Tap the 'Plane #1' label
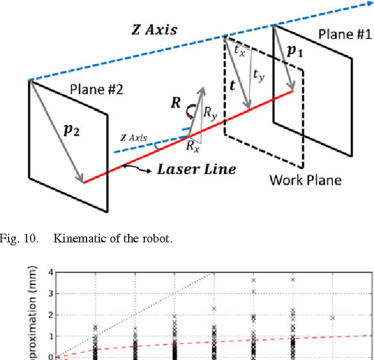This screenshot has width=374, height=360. tap(344, 34)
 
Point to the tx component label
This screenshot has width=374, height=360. tap(240, 50)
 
